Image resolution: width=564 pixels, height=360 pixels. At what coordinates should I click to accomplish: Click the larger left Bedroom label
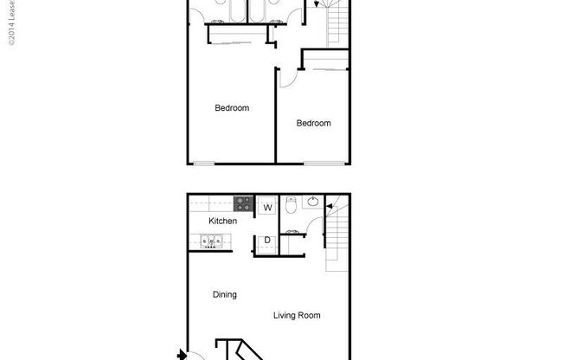pyautogui.click(x=232, y=108)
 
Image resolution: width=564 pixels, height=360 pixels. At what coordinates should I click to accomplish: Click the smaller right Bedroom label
pyautogui.click(x=313, y=123)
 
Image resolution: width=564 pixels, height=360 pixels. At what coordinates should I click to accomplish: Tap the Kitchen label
pyautogui.click(x=222, y=222)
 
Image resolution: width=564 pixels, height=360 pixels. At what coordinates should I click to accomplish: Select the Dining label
pyautogui.click(x=225, y=295)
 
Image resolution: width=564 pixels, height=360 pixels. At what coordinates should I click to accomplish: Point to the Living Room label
pyautogui.click(x=297, y=315)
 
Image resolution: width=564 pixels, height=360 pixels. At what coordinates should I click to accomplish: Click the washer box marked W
pyautogui.click(x=266, y=207)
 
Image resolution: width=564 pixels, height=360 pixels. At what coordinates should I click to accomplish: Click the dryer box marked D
pyautogui.click(x=266, y=240)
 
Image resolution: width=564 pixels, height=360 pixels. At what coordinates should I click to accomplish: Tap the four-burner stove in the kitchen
pyautogui.click(x=243, y=205)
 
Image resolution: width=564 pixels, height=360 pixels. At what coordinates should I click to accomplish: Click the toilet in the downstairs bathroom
pyautogui.click(x=292, y=206)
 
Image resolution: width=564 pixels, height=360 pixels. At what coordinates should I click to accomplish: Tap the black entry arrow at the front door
pyautogui.click(x=182, y=353)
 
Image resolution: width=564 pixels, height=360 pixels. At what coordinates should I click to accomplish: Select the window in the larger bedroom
pyautogui.click(x=205, y=163)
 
